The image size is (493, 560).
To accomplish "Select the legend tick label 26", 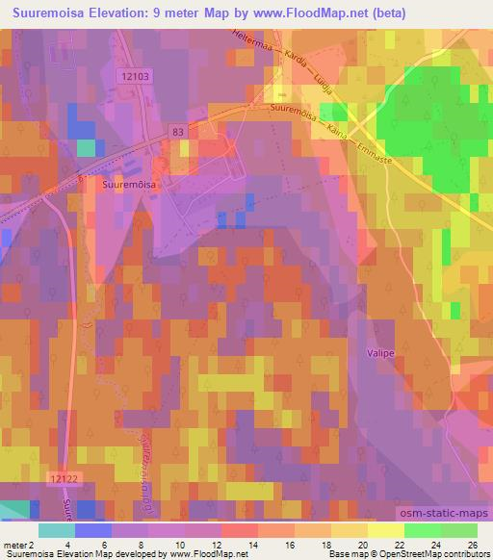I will pyautogui.click(x=473, y=545).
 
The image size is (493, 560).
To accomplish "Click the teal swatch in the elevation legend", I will pyautogui.click(x=57, y=530).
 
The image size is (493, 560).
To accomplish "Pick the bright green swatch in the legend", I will pyautogui.click(x=422, y=530).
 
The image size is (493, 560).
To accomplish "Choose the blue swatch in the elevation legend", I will pyautogui.click(x=93, y=530).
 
